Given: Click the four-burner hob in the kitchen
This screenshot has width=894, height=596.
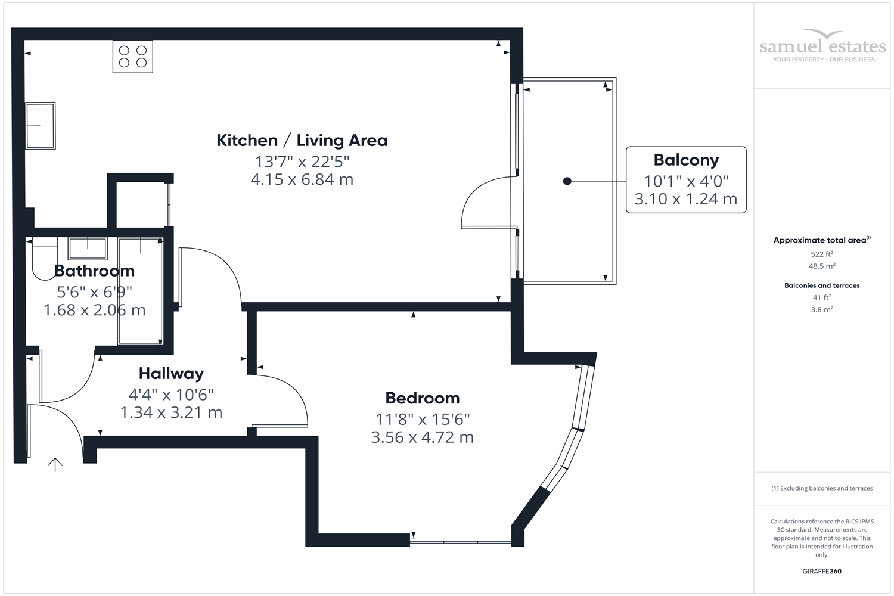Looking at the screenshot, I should tap(133, 57).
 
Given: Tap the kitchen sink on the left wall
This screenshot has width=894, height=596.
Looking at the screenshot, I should tap(40, 126).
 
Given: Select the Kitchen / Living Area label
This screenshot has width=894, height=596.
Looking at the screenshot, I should tap(302, 141).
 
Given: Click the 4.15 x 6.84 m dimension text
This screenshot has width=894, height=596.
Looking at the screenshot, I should tap(302, 179).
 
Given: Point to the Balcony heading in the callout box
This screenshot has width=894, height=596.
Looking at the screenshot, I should tap(686, 160).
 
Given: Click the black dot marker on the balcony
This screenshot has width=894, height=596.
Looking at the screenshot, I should tap(567, 181).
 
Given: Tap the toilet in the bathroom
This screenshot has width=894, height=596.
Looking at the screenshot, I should tap(44, 258).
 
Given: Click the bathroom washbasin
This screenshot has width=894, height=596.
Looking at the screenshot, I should tap(88, 248).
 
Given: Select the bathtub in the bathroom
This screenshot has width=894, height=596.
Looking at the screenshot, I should tap(140, 291).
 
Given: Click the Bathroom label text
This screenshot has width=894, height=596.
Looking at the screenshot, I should tap(94, 271).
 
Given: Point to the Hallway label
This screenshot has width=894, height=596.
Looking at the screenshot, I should tap(171, 374).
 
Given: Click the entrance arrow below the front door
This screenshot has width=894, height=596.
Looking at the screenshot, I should tap(55, 464).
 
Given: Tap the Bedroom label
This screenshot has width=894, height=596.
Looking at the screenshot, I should tap(422, 398).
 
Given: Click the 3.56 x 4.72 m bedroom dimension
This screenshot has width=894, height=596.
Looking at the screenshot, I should tap(422, 437).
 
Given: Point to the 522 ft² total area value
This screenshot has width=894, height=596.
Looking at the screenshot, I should tap(822, 254).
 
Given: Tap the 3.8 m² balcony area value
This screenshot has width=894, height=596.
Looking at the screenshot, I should tap(822, 310).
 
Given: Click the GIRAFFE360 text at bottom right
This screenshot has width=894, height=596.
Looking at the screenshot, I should tap(822, 572).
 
